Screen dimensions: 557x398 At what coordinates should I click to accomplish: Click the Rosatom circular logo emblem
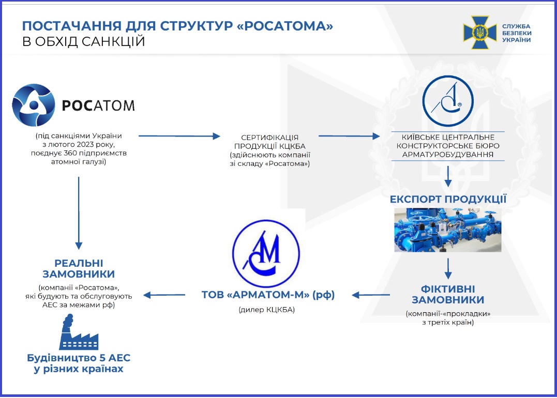click(34, 105)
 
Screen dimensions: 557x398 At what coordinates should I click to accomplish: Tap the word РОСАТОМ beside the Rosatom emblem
click(98, 105)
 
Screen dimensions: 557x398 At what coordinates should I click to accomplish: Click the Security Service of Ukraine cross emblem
click(479, 33)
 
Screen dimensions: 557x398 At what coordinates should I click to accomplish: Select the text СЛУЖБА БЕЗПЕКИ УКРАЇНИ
click(517, 33)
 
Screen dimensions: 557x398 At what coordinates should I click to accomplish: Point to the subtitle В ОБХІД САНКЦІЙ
click(83, 41)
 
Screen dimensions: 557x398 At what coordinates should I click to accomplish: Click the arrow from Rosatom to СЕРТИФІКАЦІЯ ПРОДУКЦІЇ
click(179, 136)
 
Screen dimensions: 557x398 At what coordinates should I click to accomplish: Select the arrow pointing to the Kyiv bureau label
click(349, 136)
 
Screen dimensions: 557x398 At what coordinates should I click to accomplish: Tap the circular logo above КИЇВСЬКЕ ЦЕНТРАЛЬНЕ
click(447, 101)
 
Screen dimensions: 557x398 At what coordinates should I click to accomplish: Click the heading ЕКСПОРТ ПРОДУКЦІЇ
click(448, 199)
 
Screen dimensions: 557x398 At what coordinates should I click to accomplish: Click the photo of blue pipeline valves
click(447, 230)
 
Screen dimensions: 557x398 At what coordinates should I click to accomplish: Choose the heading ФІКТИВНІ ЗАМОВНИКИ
click(448, 294)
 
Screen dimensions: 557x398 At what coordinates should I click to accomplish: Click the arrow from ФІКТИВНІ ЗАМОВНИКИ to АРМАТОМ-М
click(371, 295)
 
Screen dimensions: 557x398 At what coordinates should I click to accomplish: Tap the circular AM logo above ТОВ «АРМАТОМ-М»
click(266, 253)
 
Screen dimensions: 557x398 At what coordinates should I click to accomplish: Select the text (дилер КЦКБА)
click(266, 310)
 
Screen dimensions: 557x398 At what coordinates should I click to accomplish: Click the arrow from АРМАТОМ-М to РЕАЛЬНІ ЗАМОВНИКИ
click(164, 295)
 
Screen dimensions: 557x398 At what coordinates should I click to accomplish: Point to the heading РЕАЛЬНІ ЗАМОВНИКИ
click(79, 268)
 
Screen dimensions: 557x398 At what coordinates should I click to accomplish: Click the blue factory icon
click(79, 332)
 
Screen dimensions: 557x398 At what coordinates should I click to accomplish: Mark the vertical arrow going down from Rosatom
click(79, 213)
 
